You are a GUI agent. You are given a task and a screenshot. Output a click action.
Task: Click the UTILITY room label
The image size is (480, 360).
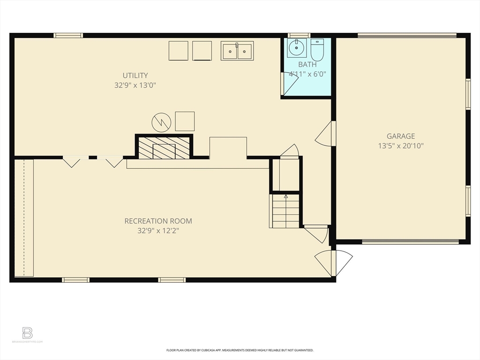pos(135,75)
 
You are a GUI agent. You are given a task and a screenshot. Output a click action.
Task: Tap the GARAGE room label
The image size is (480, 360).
pos(400,136)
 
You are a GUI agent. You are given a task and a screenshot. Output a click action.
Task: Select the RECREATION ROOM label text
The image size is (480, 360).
pos(158,221)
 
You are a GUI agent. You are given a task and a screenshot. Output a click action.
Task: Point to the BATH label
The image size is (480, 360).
pos(307,65)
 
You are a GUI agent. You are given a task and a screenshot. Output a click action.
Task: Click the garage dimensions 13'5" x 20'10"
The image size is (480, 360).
pos(400,146)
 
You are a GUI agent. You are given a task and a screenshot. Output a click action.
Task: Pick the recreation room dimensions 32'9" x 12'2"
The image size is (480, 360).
pos(158,231)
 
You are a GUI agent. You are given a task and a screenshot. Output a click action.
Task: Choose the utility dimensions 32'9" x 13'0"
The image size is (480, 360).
pos(135,85)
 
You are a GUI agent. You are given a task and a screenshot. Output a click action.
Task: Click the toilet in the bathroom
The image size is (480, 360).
pos(317,49)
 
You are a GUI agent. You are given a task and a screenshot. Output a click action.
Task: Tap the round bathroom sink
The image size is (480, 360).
pos(296,48)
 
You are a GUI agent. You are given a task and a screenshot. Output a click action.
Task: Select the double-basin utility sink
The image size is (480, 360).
pos(237,51)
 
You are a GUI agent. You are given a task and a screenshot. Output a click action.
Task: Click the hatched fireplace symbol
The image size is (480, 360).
pos(164,148)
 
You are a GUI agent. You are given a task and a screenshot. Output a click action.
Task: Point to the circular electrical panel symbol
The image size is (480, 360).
pos(161,123)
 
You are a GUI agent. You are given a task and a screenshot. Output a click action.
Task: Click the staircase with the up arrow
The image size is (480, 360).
pos(285,211)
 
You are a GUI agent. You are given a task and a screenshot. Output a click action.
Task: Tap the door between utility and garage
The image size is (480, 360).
pos(326,134)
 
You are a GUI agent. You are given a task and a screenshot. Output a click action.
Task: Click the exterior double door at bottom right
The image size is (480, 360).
pos(333,263)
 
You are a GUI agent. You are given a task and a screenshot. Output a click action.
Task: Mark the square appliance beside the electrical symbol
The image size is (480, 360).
pos(185,121)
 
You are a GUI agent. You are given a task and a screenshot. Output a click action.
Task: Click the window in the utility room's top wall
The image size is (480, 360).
pos(68,35)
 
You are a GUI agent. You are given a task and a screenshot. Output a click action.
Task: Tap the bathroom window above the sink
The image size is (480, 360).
pos(299,35)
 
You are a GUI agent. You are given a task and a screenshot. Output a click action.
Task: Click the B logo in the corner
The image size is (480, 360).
pos(28,333)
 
